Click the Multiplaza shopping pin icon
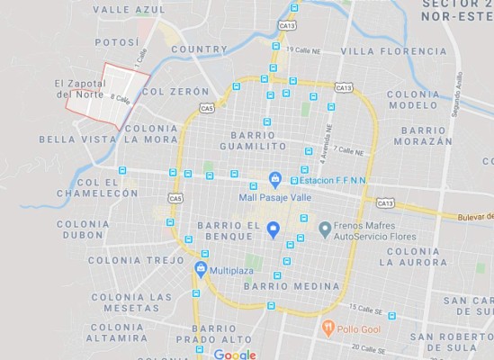[x=201, y=268]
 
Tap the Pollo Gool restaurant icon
[x=329, y=328]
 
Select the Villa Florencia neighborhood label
[x=393, y=51]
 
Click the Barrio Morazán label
[x=423, y=135]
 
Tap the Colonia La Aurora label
[x=413, y=256]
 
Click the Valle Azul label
[x=129, y=9]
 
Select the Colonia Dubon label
[x=84, y=229]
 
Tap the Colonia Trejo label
[x=123, y=260]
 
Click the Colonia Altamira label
[x=117, y=333]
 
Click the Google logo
[x=235, y=355]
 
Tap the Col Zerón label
[x=175, y=92]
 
